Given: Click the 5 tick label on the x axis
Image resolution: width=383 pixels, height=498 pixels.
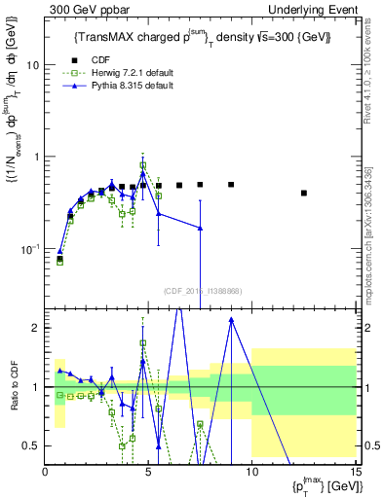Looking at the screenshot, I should click(148, 472).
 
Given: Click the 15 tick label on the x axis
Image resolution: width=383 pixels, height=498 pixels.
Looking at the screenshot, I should click(355, 472).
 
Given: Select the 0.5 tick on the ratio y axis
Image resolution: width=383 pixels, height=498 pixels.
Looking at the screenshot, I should click(31, 445).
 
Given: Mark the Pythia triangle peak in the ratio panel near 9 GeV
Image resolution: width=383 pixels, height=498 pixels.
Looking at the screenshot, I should click(231, 318).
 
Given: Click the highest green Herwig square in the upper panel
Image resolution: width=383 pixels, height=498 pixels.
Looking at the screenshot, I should click(142, 165).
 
